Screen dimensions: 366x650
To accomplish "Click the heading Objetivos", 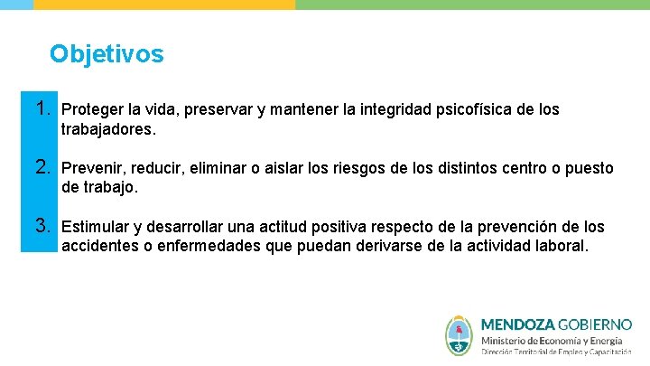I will [x=107, y=54].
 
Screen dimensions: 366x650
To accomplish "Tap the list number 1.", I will [x=41, y=109].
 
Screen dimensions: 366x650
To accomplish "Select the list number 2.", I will [x=41, y=167].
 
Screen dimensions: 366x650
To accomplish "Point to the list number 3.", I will [x=41, y=225].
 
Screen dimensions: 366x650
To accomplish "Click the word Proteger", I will [x=92, y=110].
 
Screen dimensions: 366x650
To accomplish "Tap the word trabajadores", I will [x=107, y=129].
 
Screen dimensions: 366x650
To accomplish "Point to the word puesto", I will [x=590, y=168].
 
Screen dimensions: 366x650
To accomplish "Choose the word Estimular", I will [x=95, y=226].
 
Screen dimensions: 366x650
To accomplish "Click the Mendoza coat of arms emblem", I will [x=459, y=334].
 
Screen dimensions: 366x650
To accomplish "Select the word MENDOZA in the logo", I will [x=518, y=324].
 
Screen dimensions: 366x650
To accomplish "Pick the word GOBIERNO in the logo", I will [x=596, y=324].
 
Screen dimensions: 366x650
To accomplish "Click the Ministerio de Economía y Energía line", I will [x=551, y=340].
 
